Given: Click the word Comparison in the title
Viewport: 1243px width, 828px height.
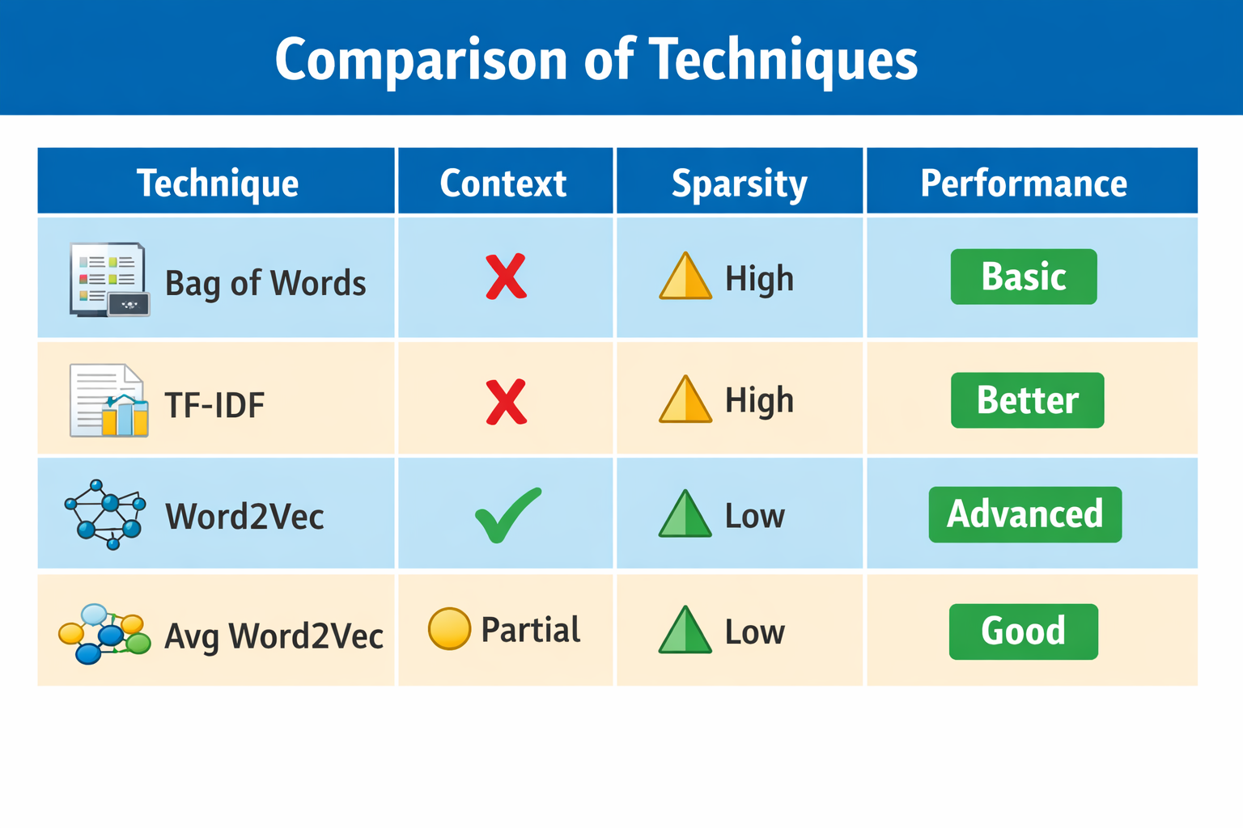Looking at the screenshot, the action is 421,60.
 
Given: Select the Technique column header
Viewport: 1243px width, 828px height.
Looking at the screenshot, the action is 218,183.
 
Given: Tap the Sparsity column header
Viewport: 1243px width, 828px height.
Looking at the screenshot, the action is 739,184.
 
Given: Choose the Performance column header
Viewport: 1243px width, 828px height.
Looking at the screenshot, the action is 1024,183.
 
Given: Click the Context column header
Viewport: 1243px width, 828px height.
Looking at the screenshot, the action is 503,183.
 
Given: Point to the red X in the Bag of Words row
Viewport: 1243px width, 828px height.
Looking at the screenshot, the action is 506,277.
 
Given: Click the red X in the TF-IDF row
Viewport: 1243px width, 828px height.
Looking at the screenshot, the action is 506,402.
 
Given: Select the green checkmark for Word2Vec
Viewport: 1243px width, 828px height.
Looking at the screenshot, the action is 507,515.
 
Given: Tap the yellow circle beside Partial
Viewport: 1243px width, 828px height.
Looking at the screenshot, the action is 449,629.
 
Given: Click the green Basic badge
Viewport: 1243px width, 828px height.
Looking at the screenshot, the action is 1024,277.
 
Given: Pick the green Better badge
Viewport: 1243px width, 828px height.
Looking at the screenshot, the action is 1027,400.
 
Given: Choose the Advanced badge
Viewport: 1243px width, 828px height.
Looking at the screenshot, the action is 1025,514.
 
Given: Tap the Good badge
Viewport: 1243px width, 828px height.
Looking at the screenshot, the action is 1023,632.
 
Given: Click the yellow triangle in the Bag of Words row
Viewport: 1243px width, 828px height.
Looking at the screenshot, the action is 685,277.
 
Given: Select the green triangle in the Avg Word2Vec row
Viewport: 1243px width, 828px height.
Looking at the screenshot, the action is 685,630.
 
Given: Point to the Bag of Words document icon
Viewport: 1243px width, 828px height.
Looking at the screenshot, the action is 109,280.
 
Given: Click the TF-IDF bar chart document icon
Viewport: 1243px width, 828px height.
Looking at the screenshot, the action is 108,400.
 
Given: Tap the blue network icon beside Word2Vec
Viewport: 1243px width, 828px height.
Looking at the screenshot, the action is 105,514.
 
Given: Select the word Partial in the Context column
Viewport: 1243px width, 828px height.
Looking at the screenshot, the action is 531,629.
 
